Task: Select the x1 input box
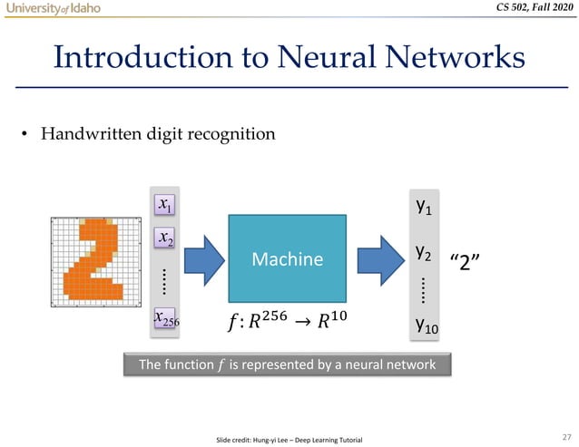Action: click(165, 205)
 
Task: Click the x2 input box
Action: click(165, 238)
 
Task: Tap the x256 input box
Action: click(165, 318)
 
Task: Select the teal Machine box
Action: click(287, 258)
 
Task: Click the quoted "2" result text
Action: click(465, 261)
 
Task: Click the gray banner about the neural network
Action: click(286, 364)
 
